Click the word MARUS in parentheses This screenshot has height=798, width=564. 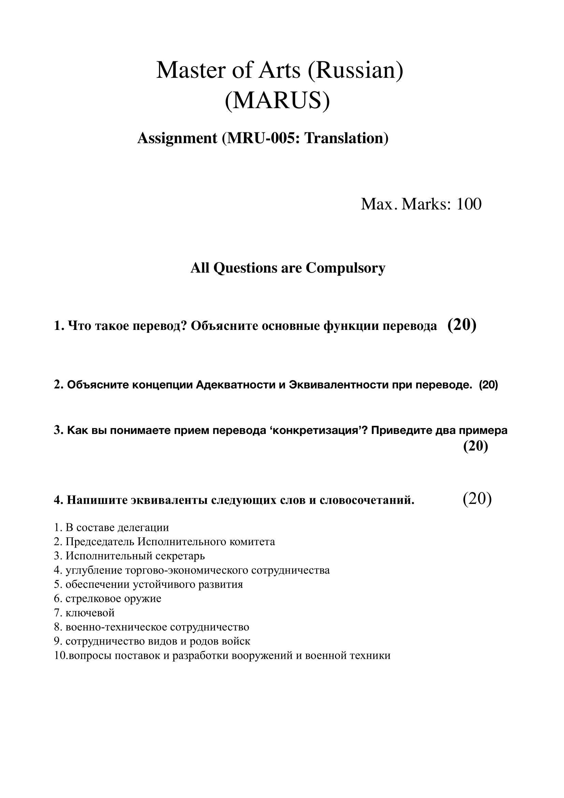(x=277, y=101)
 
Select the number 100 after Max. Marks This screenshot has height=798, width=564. (x=469, y=204)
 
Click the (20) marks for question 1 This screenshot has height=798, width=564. (x=462, y=325)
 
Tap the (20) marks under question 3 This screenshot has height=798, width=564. (x=476, y=446)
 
